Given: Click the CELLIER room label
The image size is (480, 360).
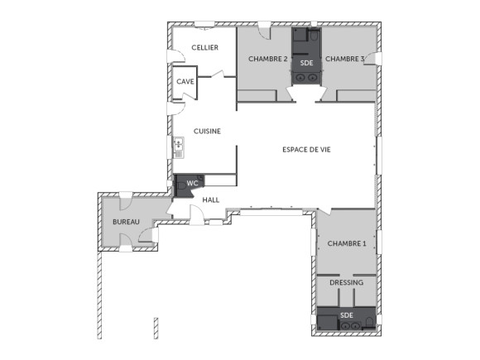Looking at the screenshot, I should pos(204,48).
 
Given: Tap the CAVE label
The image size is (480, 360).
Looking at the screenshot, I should pos(185,81).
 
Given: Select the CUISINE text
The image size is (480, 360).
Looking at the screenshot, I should pos(207,132).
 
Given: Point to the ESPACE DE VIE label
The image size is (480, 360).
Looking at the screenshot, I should pos(307,149).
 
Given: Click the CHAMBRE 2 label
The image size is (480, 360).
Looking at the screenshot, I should pos(267,59).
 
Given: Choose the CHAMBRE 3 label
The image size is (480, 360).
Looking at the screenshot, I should pos(344,59).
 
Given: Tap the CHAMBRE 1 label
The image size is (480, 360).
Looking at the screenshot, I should pos(347,243).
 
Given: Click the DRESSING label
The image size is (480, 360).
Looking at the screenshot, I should pos(346,283).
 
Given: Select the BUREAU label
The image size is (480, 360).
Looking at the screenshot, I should pos(126,223).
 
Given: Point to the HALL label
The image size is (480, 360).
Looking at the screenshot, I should pos(211,199).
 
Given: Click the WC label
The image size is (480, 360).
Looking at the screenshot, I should pos(192,183).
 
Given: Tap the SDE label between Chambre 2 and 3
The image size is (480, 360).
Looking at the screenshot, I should pos(306,63).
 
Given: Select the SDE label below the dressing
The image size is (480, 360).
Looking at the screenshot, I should pos(347,315).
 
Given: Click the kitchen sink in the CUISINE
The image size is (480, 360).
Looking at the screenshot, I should pos(178,148).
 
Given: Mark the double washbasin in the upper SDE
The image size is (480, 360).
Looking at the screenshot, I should pos(306,79).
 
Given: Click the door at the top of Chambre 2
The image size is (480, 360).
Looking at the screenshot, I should pos(263,31).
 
